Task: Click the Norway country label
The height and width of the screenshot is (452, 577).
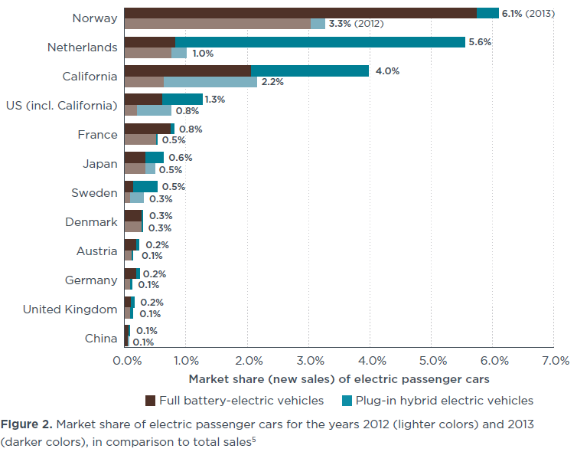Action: [94, 18]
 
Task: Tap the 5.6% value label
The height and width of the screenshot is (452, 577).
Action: [480, 42]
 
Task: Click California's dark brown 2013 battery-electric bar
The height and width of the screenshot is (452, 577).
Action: [187, 70]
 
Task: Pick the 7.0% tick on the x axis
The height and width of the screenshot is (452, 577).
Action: [555, 360]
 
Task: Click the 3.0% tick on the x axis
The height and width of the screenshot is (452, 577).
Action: [308, 360]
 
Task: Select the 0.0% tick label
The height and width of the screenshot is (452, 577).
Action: [125, 360]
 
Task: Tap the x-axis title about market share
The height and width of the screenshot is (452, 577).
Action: [339, 378]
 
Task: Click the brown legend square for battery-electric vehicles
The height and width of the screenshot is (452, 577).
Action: [151, 400]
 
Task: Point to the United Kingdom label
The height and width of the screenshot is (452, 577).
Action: [70, 310]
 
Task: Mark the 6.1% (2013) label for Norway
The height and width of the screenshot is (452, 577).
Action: [528, 13]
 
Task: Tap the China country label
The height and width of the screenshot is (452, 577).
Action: [100, 339]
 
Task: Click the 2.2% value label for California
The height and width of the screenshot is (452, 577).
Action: [273, 82]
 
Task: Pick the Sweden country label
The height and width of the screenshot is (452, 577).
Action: [94, 192]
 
